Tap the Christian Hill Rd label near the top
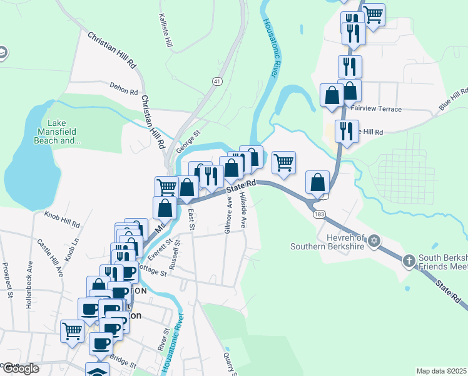112,51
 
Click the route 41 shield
217,81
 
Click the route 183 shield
320,214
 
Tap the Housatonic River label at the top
270,48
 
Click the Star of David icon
374,240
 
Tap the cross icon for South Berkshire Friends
409,260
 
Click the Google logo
21,368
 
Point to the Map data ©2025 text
441,370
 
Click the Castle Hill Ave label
50,258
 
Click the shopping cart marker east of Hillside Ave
284,164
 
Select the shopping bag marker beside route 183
318,183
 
